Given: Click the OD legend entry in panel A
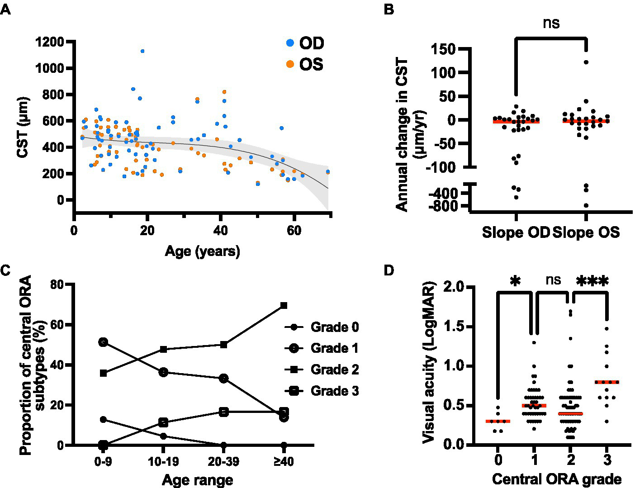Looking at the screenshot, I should tap(305, 43).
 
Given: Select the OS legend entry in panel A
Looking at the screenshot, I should tap(305, 64).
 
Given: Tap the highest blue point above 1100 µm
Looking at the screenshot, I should tap(142, 51).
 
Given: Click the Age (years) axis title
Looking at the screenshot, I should tap(202, 251).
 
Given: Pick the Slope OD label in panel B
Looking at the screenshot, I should tap(516, 232).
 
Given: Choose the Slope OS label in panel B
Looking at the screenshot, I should tap(586, 232).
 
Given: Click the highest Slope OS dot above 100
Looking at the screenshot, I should tap(586, 62).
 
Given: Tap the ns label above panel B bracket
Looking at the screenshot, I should tap(551, 23).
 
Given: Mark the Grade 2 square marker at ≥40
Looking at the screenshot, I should tap(284, 305).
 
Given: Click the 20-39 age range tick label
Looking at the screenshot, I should tap(223, 462).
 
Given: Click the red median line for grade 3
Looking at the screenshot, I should tap(607, 382).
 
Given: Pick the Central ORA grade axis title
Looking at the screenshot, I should tap(556, 479).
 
